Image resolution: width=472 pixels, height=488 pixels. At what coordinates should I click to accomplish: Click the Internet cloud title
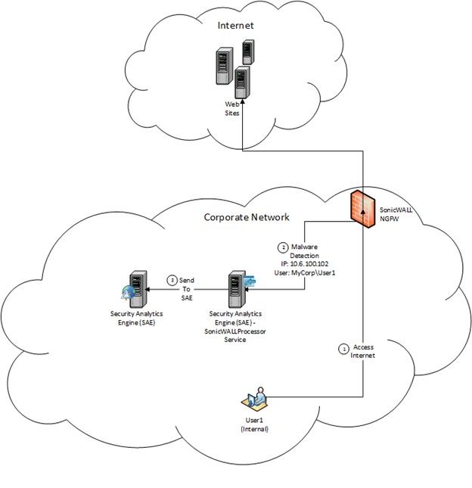[235, 26]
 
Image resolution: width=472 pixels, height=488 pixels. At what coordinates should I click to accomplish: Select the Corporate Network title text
[247, 217]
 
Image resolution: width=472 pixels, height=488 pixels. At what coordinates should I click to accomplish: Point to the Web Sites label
[232, 108]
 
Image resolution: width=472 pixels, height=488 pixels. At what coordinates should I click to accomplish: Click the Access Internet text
[365, 350]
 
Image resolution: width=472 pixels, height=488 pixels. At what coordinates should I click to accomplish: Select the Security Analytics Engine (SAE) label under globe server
[138, 313]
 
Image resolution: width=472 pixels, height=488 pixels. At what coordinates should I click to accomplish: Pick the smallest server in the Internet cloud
[247, 52]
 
